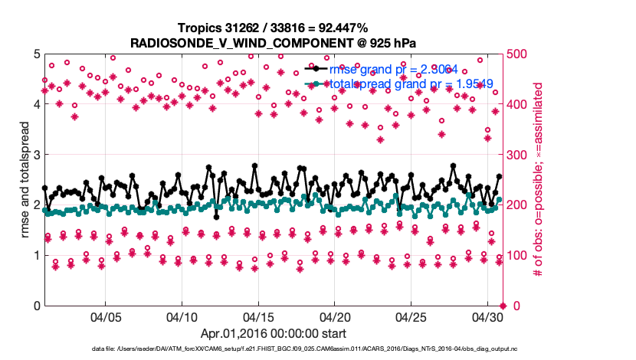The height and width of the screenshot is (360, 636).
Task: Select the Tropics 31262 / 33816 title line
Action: click(274, 27)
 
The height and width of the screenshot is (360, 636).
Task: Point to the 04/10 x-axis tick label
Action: click(182, 316)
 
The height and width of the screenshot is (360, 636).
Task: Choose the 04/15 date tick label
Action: click(258, 316)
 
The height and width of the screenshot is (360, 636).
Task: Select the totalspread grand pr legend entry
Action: click(398, 83)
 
